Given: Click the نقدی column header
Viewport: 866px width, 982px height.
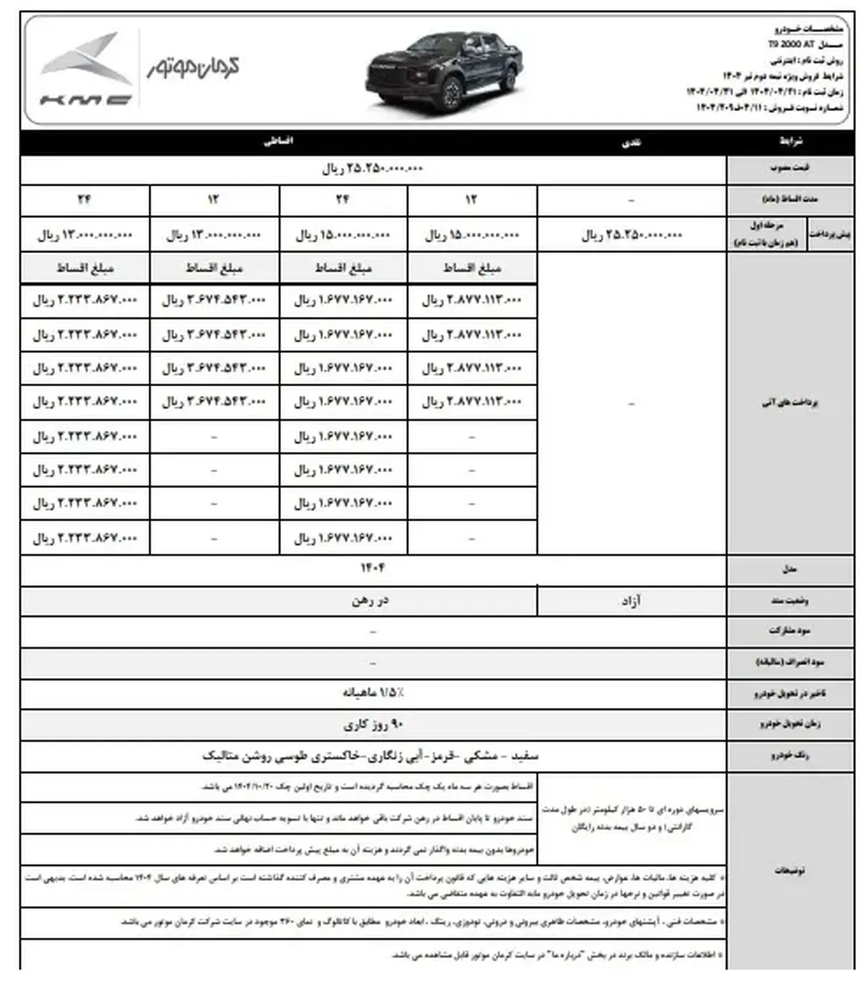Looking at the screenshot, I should point(631,143).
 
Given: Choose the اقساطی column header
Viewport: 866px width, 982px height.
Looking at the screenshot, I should point(279,142).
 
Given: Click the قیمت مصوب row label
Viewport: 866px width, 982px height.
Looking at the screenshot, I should point(790,169).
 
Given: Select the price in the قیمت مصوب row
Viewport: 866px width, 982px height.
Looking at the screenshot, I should point(372,169).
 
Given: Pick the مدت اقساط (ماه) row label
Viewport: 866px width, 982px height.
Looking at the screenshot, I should point(790,199).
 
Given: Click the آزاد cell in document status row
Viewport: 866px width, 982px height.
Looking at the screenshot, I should point(631,601).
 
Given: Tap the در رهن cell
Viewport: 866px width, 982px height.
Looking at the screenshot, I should point(371,601).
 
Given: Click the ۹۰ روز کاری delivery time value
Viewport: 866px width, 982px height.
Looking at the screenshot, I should point(372,724).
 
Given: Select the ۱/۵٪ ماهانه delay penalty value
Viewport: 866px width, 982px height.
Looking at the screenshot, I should point(372,693).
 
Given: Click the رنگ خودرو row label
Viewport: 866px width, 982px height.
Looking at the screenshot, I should point(790,756).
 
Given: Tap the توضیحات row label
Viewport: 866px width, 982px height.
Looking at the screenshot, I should point(790,871).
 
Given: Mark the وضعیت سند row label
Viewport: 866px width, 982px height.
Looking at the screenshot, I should point(790,601).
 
